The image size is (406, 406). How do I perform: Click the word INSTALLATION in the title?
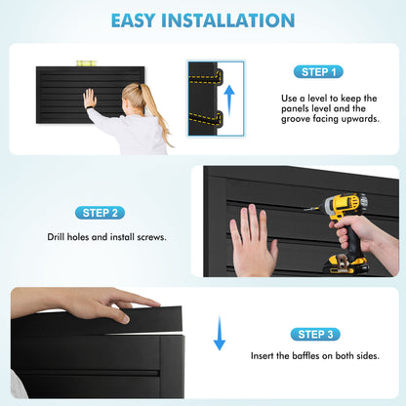(228, 20)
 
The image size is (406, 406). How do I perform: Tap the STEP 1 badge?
(318, 72)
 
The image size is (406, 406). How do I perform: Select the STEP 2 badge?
(100, 213)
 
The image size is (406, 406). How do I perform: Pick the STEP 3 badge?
(315, 334)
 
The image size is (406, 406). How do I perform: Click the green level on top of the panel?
(86, 63)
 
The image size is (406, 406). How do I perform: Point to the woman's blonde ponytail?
(153, 107)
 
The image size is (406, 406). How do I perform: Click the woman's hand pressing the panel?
(90, 98)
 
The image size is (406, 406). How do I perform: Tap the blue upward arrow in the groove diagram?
(229, 101)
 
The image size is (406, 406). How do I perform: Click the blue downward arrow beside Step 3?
(220, 333)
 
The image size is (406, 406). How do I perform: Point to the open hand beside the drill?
(253, 241)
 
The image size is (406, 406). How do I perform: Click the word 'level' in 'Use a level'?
(318, 99)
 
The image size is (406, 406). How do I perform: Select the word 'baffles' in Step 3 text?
(305, 355)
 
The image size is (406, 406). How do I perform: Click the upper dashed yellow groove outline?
(206, 77)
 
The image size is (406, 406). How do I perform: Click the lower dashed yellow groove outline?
(206, 118)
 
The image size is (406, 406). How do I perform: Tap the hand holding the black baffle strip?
(98, 304)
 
